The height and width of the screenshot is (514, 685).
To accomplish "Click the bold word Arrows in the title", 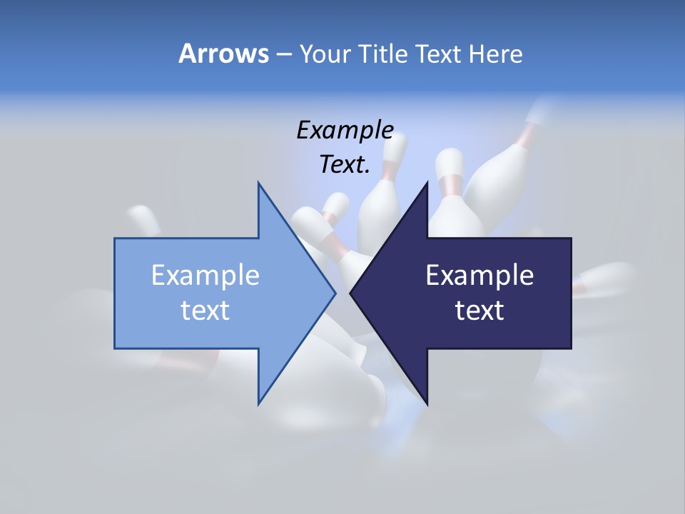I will [x=223, y=54].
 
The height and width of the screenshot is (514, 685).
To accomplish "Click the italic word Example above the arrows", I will [x=345, y=130].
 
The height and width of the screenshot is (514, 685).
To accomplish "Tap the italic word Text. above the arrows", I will [x=345, y=165].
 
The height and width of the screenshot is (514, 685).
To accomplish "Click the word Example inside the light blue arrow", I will [x=205, y=275].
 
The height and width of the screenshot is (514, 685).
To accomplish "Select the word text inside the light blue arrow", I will [x=205, y=311].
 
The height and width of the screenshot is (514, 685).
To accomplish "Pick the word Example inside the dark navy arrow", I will [x=479, y=275].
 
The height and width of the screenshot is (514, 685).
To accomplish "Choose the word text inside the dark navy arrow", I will [x=479, y=311].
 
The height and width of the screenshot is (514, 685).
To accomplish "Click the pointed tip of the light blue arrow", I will [x=335, y=293].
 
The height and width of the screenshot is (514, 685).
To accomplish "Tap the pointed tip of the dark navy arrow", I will [x=351, y=293].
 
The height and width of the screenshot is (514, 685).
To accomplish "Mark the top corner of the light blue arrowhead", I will [x=258, y=183].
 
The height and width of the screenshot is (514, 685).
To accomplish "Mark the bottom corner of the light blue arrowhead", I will [x=258, y=404].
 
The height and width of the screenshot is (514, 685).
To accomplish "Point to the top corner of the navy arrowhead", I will [x=427, y=183].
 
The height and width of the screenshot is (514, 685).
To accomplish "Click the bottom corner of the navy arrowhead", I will [x=427, y=404].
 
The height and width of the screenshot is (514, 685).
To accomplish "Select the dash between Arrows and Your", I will [x=283, y=54].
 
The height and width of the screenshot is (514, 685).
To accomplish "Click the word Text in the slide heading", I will [x=438, y=54].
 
